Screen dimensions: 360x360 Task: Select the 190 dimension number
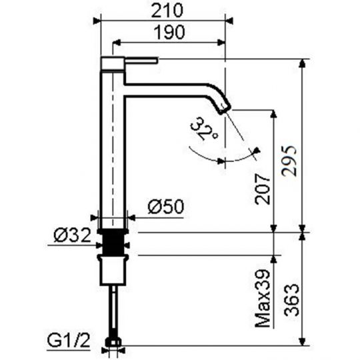coord(169,33)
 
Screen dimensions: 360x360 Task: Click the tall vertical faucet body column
coord(113,147)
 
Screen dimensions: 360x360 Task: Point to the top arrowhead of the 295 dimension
coord(304,63)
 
